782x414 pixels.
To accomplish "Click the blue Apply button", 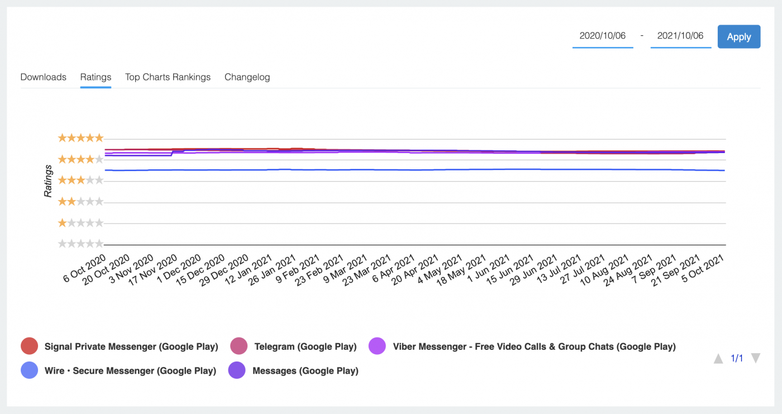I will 738,37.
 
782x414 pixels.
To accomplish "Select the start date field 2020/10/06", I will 603,36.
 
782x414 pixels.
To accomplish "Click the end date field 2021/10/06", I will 680,36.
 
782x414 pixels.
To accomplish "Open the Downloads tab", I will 44,77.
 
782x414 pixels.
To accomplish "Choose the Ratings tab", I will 96,77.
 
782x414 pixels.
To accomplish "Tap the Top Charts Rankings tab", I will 168,77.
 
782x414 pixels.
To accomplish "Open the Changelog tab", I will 247,77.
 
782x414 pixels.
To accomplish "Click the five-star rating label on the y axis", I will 81,137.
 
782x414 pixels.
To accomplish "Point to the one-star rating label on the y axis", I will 81,223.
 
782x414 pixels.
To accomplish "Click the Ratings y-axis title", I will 48,180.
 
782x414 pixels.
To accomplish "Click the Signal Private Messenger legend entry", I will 131,346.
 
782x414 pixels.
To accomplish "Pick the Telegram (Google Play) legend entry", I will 305,346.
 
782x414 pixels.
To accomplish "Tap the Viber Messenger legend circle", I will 378,346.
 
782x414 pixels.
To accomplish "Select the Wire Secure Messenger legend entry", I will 130,370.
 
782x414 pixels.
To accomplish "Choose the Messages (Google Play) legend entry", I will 305,370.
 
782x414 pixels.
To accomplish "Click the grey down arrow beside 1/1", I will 756,358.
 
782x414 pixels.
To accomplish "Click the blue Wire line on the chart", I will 391,169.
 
